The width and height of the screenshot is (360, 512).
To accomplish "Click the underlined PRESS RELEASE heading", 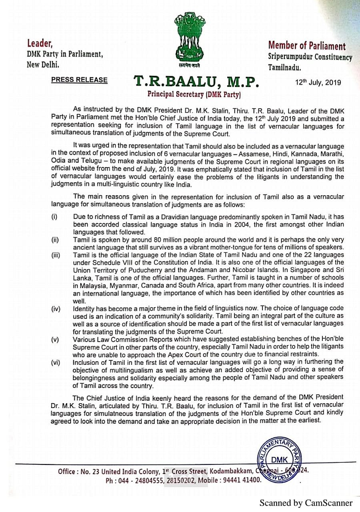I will (x=79, y=80).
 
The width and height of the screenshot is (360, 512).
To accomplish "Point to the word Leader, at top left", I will (x=40, y=43).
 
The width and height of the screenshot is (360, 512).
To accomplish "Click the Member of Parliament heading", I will (x=307, y=46).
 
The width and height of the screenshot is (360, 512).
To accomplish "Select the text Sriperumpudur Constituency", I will (x=310, y=57).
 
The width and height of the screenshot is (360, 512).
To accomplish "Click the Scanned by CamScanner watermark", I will (x=306, y=503).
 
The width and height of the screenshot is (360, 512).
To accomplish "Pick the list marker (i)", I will (x=54, y=217).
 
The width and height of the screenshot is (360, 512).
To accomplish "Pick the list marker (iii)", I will (x=56, y=255).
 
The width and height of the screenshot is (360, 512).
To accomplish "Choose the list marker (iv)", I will (x=56, y=308).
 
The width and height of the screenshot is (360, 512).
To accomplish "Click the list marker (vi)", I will (x=56, y=362).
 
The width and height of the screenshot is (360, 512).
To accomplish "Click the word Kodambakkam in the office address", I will (x=230, y=471).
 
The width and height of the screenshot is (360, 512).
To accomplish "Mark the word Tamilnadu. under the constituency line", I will (x=284, y=68).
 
